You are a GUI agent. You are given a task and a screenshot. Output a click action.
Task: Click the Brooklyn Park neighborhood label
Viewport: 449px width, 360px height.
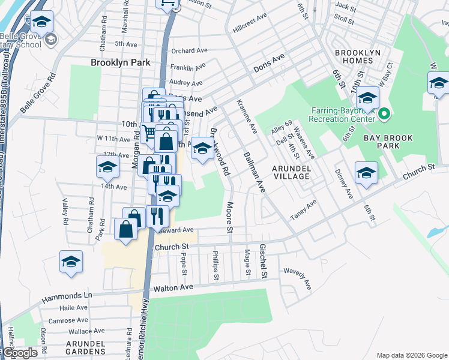point(120,62)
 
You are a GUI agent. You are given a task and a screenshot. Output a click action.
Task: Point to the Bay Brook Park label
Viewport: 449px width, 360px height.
point(388,142)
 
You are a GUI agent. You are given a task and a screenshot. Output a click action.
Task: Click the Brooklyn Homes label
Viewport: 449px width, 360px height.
point(357,57)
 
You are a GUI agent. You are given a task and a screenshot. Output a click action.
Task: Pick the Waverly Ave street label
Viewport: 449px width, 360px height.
point(298,278)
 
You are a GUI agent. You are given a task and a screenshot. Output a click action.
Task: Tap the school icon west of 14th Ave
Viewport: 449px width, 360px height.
point(107,167)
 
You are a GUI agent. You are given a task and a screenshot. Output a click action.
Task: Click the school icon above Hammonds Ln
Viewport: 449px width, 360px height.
point(71,262)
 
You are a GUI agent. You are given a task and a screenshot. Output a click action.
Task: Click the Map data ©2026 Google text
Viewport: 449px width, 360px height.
point(412,355)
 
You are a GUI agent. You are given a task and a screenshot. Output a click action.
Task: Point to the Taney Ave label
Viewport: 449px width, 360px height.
point(303,211)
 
